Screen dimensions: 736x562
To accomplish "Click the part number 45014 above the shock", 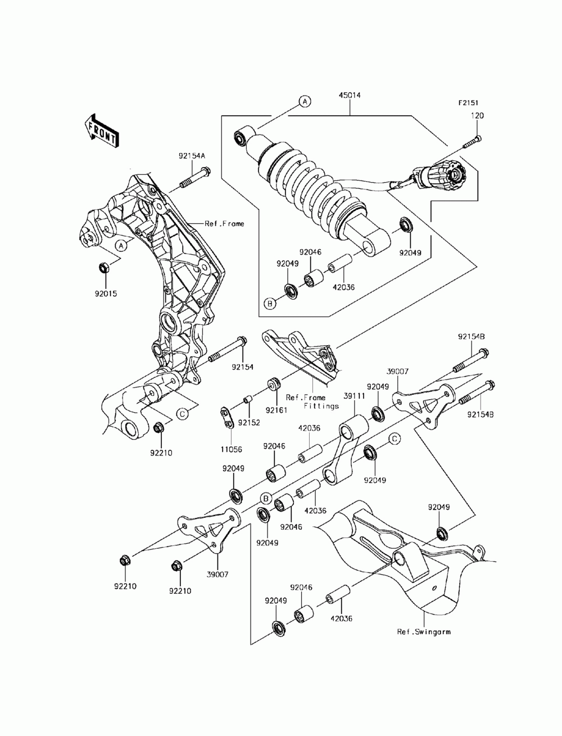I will pyautogui.click(x=350, y=96).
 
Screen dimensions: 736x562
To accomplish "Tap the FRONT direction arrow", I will pyautogui.click(x=101, y=130).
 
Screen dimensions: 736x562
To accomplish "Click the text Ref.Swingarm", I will pyautogui.click(x=423, y=631).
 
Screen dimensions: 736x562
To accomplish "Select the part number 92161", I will pyautogui.click(x=277, y=410).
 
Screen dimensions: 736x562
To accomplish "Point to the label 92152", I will pyautogui.click(x=248, y=422).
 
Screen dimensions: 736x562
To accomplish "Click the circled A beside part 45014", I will pyautogui.click(x=304, y=102).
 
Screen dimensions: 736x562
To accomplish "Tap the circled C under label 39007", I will pyautogui.click(x=395, y=439).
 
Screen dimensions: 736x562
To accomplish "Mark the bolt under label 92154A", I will pyautogui.click(x=194, y=177).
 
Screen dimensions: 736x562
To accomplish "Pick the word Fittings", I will pyautogui.click(x=321, y=405).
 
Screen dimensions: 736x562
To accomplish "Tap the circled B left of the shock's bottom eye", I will pyautogui.click(x=270, y=304).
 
